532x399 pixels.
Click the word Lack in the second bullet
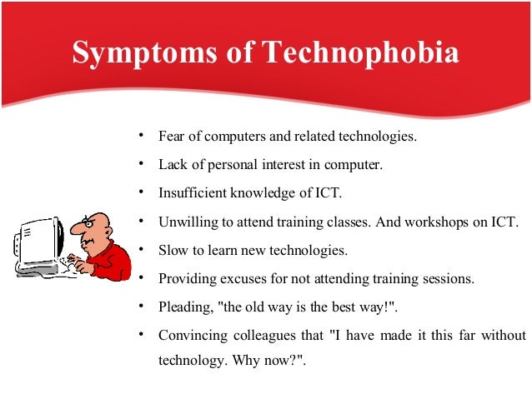[172, 165]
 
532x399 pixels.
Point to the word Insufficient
[191, 193]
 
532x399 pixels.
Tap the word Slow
[172, 250]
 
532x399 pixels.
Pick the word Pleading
[184, 307]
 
